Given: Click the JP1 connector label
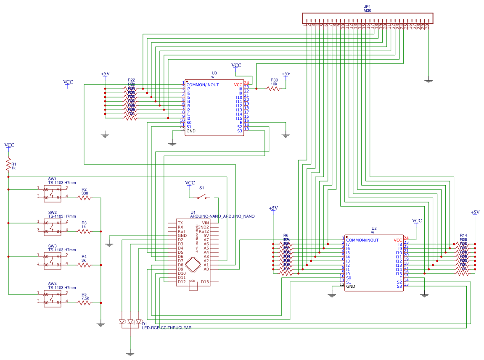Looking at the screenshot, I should point(367,7).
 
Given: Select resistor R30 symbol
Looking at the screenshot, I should point(274,89).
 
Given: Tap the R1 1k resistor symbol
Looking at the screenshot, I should point(8,165).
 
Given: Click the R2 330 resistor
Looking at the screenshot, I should point(84,198).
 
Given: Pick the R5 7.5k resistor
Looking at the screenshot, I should point(84,302).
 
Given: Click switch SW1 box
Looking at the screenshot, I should point(53,194).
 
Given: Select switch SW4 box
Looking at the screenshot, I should point(53,298).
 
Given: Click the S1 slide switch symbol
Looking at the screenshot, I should point(204,197).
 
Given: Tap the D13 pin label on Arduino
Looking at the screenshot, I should point(205,282).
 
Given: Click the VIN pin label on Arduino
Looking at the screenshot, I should point(205,223).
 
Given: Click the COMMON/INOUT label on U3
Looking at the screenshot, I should point(202,85).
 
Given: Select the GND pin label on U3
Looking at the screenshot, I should point(191,131).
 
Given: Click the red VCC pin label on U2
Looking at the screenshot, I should point(398,240).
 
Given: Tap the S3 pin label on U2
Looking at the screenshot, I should point(399,286).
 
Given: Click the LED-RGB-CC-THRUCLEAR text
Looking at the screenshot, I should point(167,328).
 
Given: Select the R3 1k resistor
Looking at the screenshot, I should point(84,231).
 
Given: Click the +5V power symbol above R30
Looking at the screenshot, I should point(286,74).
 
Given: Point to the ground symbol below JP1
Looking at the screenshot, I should point(428,80).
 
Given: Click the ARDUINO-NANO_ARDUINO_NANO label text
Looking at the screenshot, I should point(222,216).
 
